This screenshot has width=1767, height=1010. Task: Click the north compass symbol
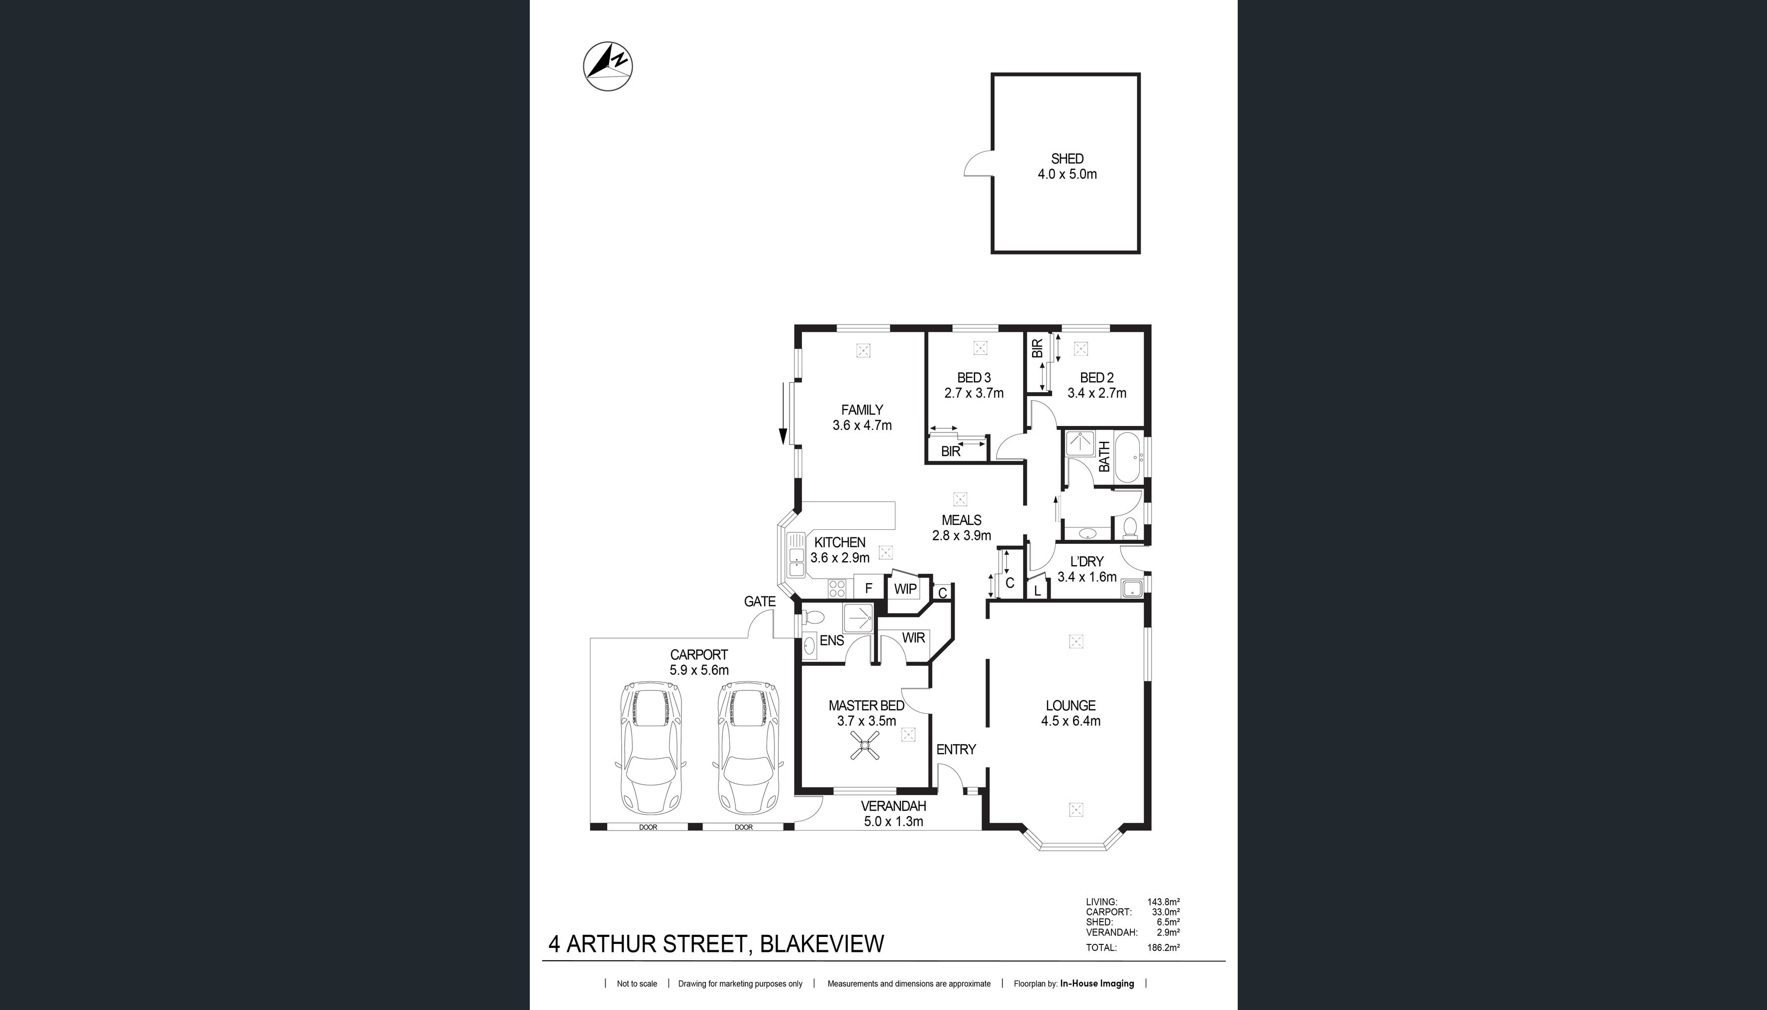[608, 67]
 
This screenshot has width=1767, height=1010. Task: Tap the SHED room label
[1067, 159]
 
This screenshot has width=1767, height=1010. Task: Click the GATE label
[759, 601]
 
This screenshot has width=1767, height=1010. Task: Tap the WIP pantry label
[905, 589]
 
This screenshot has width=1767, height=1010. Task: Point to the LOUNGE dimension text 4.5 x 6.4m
[1070, 721]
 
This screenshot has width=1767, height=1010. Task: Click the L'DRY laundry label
[1087, 562]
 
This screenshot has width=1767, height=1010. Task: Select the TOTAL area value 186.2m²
[1164, 947]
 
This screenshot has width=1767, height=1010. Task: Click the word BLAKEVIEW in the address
[822, 944]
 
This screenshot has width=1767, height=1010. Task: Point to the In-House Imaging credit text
[1097, 983]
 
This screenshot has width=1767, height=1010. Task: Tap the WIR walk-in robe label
[913, 638]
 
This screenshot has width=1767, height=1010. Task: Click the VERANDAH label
[893, 806]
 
